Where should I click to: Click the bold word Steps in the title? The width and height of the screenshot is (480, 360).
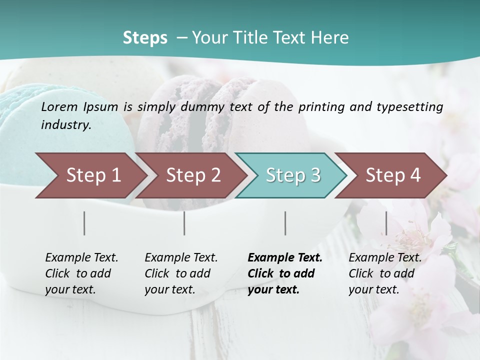(145, 38)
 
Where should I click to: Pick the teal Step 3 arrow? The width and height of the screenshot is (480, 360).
(290, 175)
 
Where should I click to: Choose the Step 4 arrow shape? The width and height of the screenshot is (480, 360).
(390, 175)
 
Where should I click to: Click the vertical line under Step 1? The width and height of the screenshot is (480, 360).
(84, 223)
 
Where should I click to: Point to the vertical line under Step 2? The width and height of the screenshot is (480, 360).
(184, 223)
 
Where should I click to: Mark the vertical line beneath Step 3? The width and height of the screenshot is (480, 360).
(285, 223)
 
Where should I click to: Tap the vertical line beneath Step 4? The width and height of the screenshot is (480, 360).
(386, 223)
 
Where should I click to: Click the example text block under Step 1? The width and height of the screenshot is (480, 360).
(81, 273)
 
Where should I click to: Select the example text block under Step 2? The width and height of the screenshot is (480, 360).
(181, 273)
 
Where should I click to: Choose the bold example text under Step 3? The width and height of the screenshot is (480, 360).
(284, 273)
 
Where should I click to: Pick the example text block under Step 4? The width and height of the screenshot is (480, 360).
(385, 273)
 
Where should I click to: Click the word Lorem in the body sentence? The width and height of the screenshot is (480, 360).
(59, 106)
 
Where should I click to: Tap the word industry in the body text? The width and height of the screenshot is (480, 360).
(65, 125)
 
